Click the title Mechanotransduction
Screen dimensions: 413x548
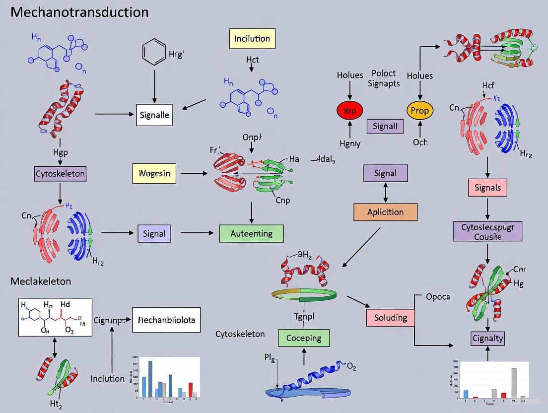coord(79,12)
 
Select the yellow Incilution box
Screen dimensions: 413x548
coord(252,39)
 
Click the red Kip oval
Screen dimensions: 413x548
coord(350,111)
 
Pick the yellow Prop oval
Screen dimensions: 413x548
coord(420,111)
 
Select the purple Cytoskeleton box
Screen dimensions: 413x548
coord(60,174)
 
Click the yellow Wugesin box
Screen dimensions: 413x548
coord(154,173)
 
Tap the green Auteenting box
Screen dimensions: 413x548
coord(251,233)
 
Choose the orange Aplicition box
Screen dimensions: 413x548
coord(385,212)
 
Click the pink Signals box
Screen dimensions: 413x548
coord(487,188)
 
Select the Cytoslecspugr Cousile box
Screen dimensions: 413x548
coord(487,231)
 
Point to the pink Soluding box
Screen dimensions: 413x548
coord(390,317)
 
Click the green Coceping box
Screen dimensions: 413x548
coord(304,338)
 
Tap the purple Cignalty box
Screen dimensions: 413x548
coord(487,339)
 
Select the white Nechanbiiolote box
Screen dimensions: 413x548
coord(167,320)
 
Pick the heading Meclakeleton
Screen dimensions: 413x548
coord(41,281)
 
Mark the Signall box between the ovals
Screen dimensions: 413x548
coord(385,126)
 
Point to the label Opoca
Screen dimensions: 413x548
coord(438,297)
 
